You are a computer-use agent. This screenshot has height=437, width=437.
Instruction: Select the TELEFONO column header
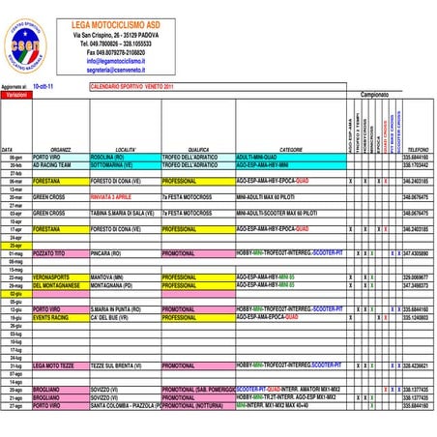click(x=418, y=150)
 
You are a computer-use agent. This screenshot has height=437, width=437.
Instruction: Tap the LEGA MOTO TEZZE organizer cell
click(x=52, y=366)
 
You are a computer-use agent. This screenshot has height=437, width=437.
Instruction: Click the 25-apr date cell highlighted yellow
click(x=15, y=246)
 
